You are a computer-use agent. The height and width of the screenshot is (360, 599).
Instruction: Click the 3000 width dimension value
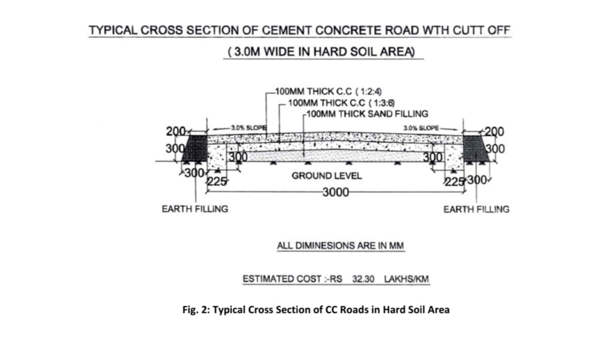point(335,193)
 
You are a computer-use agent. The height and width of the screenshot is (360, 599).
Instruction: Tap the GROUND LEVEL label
point(326,176)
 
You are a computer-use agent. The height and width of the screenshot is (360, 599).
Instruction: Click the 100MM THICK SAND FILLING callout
point(366,113)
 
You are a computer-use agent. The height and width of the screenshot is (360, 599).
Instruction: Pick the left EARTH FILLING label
point(194,209)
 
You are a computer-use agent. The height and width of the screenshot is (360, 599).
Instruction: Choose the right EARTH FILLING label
point(476,209)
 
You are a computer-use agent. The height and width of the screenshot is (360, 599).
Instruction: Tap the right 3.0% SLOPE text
point(421,128)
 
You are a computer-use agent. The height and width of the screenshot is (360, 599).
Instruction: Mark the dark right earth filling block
point(476,147)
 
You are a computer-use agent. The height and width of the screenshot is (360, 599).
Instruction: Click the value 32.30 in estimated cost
point(364,279)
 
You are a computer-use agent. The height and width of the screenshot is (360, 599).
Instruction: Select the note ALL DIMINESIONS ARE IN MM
point(340,246)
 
